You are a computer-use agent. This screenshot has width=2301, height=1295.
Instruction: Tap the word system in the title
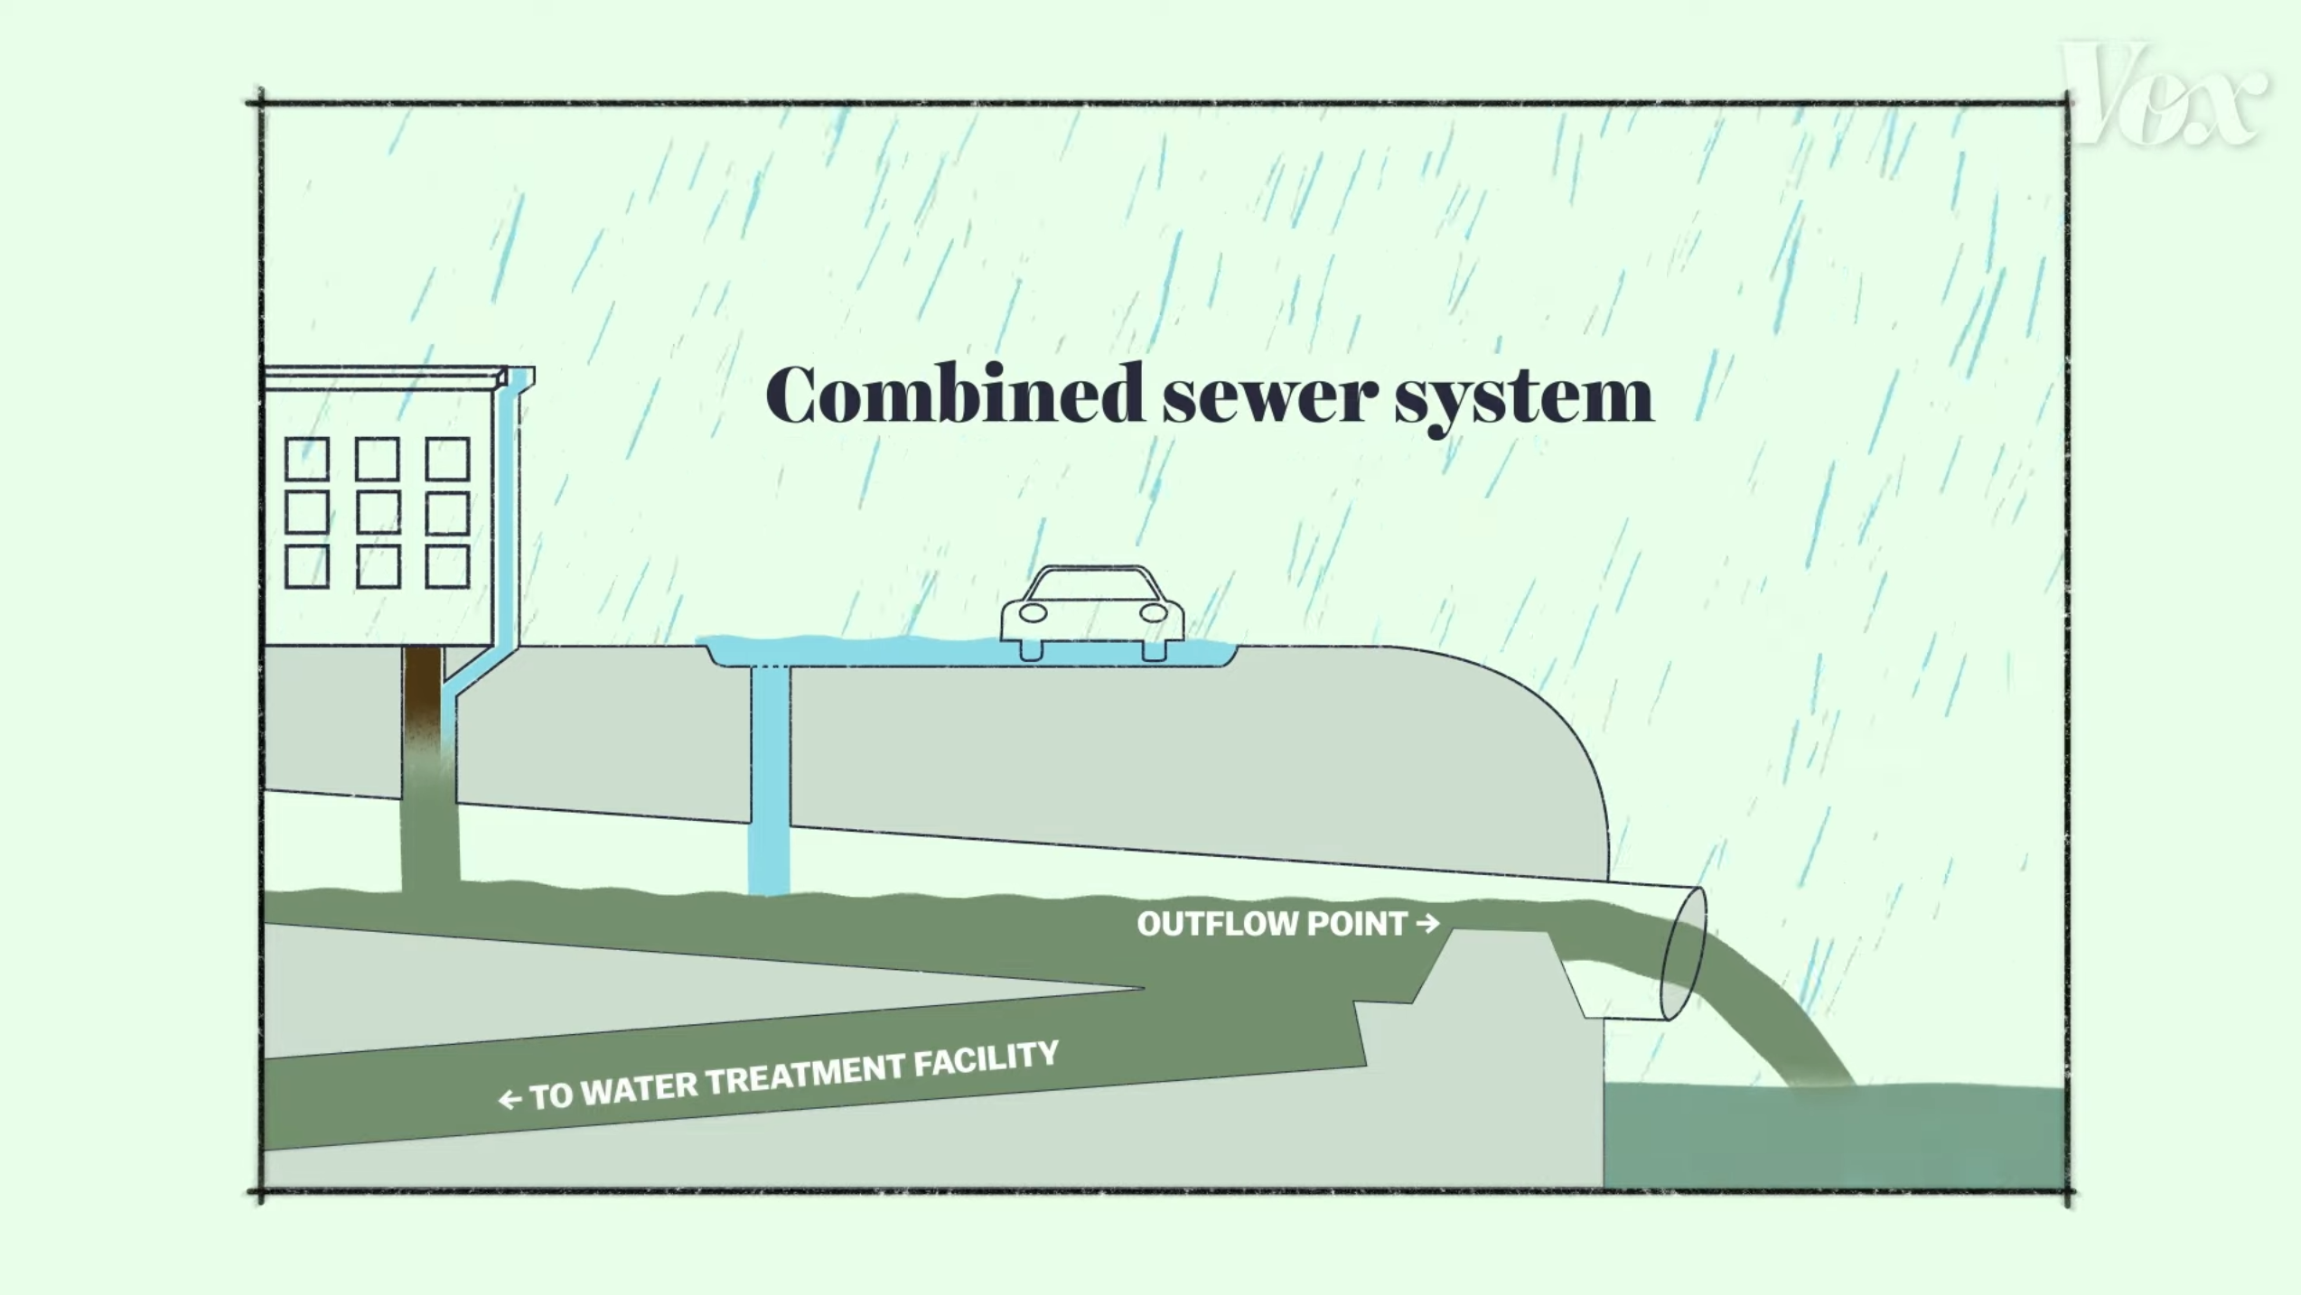pyautogui.click(x=1524, y=397)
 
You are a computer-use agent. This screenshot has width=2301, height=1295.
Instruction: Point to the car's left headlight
pyautogui.click(x=1033, y=613)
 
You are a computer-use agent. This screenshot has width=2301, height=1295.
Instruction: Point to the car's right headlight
pyautogui.click(x=1154, y=613)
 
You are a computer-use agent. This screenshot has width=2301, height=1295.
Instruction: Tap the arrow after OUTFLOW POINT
pyautogui.click(x=1428, y=923)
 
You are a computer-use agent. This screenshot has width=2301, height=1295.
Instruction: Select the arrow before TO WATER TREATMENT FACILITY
pyautogui.click(x=510, y=1099)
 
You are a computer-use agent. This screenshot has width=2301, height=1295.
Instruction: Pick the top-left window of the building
pyautogui.click(x=307, y=459)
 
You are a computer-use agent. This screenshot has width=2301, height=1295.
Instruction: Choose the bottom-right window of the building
pyautogui.click(x=447, y=566)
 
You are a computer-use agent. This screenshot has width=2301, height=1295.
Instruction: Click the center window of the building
pyautogui.click(x=378, y=513)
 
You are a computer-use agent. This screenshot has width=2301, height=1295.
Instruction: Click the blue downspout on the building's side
pyautogui.click(x=506, y=524)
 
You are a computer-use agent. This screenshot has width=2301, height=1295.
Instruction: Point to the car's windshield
pyautogui.click(x=1093, y=584)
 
